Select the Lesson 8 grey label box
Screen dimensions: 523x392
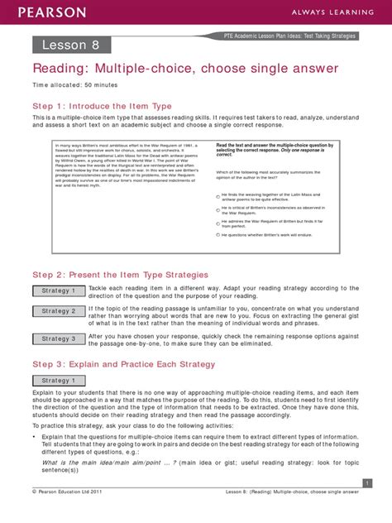click(x=67, y=44)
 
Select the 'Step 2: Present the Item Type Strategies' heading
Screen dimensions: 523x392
click(x=120, y=275)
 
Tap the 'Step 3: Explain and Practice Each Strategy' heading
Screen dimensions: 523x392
click(x=123, y=364)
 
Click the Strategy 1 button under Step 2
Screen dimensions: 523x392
click(x=60, y=291)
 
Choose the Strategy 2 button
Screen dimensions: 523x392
click(x=60, y=311)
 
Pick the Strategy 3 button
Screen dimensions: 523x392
click(x=60, y=338)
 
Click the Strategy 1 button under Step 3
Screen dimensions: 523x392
click(x=60, y=381)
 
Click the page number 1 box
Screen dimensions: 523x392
click(x=366, y=482)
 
